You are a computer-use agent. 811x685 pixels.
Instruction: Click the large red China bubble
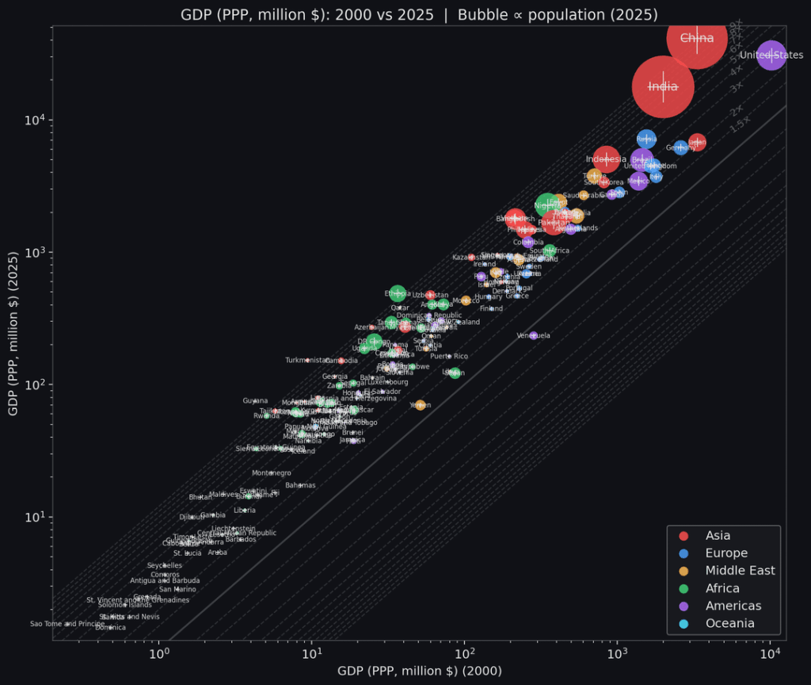click(696, 38)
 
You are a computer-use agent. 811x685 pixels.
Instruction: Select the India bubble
click(663, 86)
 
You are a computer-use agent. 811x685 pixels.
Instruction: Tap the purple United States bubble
click(771, 55)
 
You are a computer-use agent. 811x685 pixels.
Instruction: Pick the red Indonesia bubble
click(606, 159)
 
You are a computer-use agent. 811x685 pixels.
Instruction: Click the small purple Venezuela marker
click(533, 335)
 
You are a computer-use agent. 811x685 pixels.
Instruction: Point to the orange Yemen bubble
click(420, 405)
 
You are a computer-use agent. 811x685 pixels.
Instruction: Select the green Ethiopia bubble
click(398, 293)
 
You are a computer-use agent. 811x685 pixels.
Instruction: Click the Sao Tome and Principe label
click(67, 624)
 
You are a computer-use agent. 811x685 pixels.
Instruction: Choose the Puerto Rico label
click(449, 357)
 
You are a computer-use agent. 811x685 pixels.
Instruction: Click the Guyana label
click(255, 401)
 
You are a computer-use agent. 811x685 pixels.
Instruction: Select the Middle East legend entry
click(740, 571)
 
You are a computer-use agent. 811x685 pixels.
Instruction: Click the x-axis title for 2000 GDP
click(419, 672)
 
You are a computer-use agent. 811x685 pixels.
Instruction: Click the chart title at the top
click(419, 13)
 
